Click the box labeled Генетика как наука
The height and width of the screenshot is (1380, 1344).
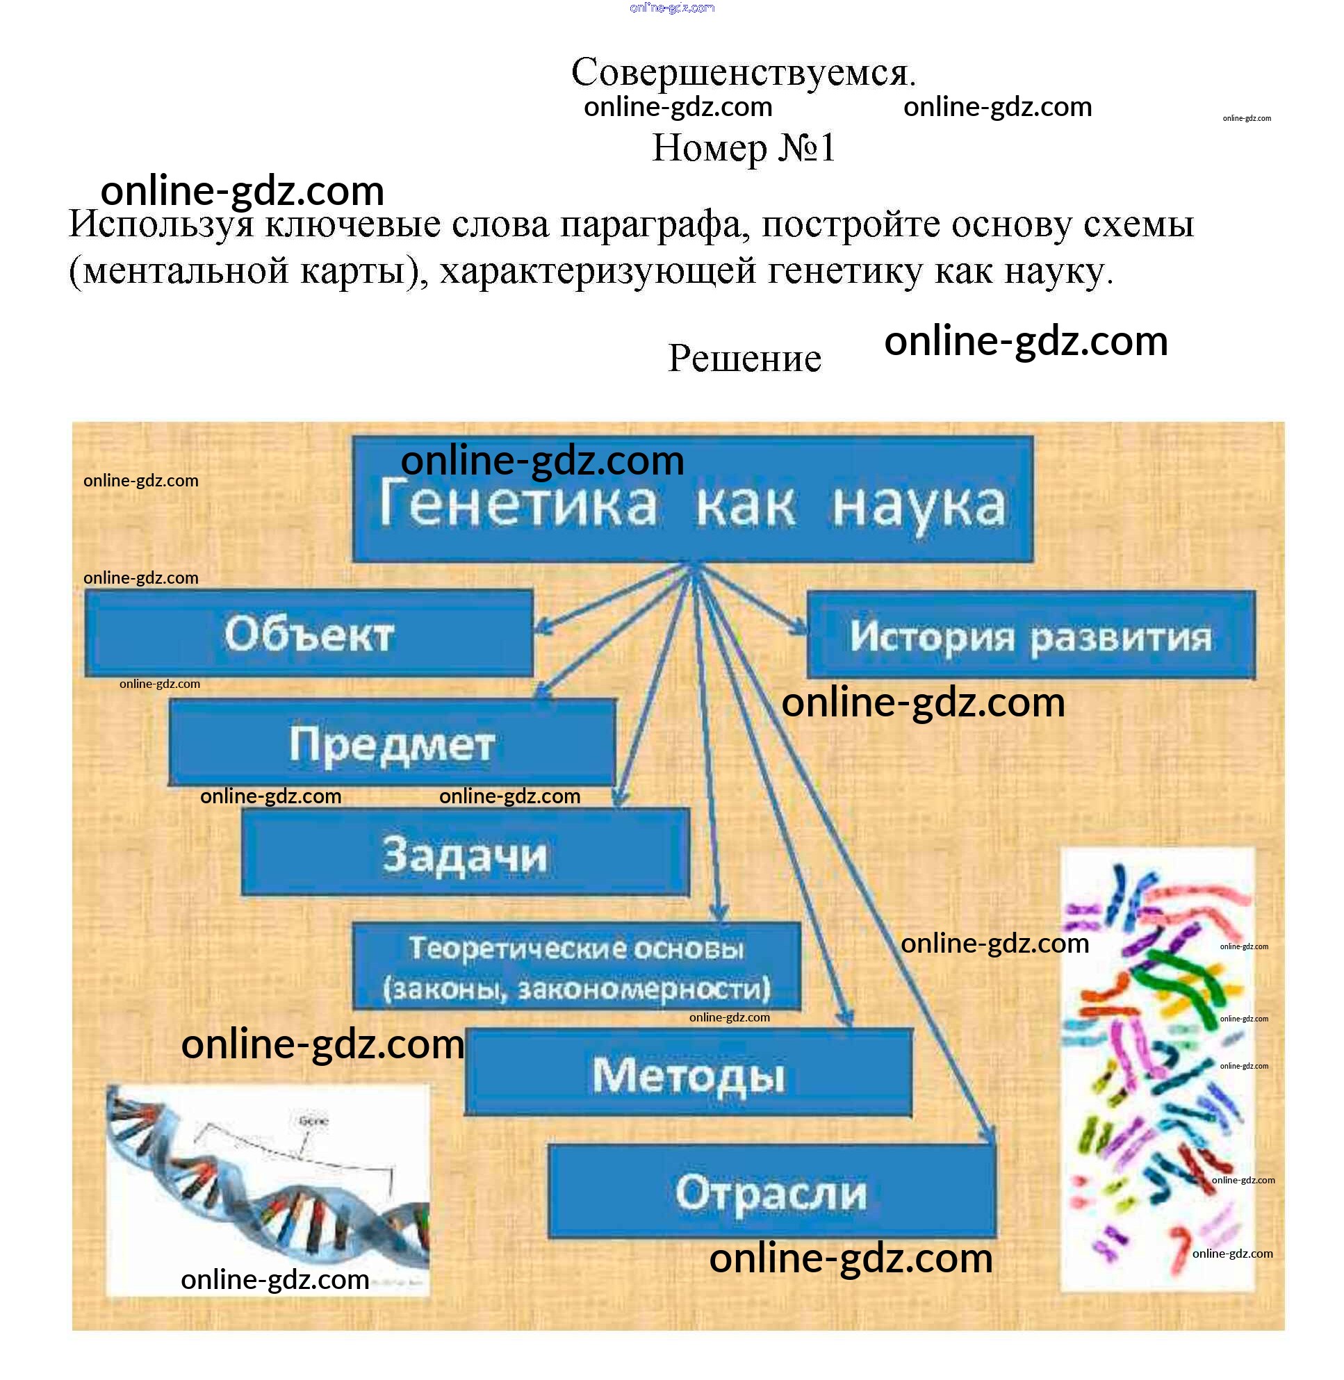coord(692,498)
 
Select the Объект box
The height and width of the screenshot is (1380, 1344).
coord(309,633)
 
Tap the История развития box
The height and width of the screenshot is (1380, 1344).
coord(1031,635)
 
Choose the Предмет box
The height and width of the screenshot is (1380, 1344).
coord(392,742)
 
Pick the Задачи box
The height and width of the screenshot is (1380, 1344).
coord(465,852)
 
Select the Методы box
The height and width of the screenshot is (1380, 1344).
coord(688,1074)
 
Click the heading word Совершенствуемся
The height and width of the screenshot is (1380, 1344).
coord(744,72)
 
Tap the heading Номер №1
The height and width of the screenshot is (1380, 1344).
coord(744,147)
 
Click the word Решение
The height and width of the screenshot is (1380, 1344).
coord(745,358)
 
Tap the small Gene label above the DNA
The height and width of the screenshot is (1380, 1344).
coord(313,1121)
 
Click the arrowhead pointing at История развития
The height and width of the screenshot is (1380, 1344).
coord(798,627)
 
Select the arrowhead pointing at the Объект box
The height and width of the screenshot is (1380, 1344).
coord(543,624)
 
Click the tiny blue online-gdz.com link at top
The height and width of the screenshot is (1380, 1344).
coord(672,8)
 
